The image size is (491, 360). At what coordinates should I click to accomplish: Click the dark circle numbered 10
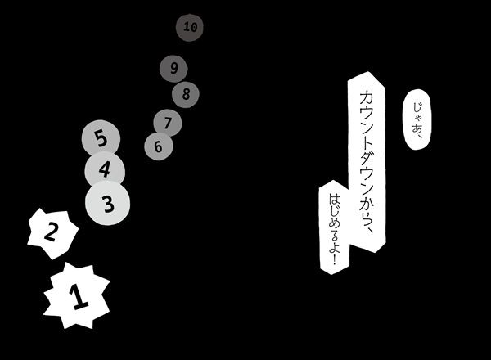click(x=190, y=27)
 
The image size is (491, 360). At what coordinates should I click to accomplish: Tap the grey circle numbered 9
click(x=173, y=68)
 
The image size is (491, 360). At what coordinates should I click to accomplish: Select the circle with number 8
click(x=186, y=93)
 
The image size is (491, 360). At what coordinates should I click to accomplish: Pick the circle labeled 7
click(x=167, y=124)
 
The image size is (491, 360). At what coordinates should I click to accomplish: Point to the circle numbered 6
click(x=158, y=146)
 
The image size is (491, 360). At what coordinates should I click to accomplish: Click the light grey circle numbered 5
click(x=101, y=138)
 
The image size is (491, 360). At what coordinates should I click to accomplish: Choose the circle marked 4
click(x=105, y=170)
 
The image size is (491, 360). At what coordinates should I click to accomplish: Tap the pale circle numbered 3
click(x=108, y=200)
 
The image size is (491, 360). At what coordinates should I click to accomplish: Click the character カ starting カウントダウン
click(x=366, y=93)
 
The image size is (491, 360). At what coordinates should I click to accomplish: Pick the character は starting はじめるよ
click(x=333, y=197)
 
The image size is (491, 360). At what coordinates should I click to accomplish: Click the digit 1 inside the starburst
click(x=79, y=297)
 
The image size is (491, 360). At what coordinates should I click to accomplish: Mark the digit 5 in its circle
click(x=101, y=138)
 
